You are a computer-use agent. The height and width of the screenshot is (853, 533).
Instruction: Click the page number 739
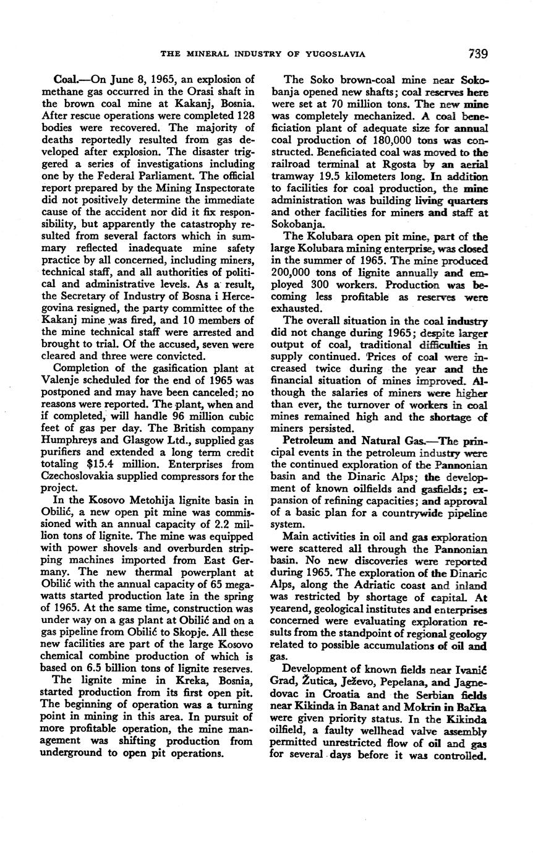click(x=477, y=53)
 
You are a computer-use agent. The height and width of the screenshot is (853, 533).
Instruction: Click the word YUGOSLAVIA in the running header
click(x=335, y=54)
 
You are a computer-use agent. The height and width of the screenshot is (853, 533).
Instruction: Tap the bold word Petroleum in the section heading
click(x=306, y=440)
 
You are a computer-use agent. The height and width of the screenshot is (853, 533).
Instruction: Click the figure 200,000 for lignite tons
click(x=294, y=272)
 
